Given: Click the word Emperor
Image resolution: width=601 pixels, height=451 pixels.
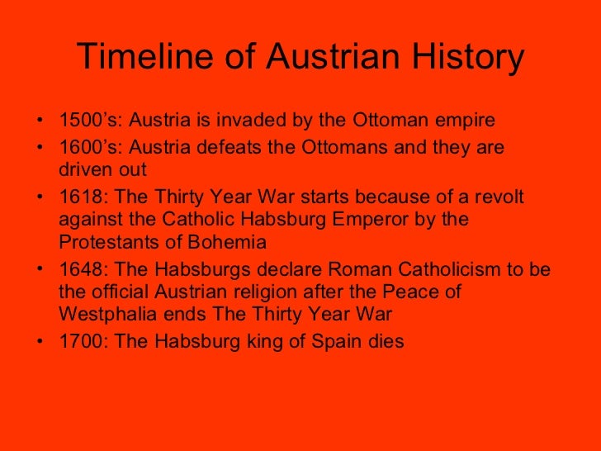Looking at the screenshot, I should pyautogui.click(x=376, y=221).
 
